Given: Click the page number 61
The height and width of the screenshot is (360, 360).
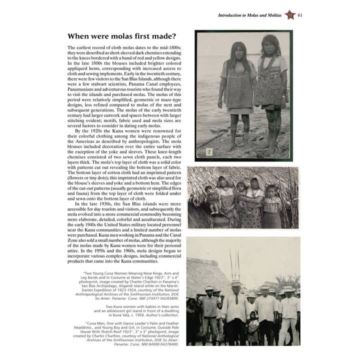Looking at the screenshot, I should coord(300,15).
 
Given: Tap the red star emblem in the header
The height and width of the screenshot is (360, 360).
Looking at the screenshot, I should coord(289,15).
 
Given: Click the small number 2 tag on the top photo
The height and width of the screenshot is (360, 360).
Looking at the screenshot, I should coord(209,151).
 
